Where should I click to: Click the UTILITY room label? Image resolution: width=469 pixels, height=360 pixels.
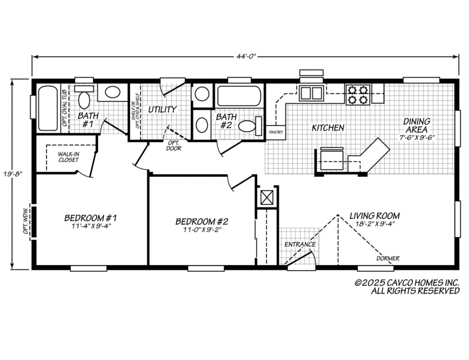point(162,109)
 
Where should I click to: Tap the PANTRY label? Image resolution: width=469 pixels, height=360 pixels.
point(276,132)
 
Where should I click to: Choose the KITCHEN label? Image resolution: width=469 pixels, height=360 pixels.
point(327,128)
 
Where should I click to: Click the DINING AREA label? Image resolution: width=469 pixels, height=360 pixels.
point(417,126)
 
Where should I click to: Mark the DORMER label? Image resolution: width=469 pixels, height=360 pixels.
point(387,258)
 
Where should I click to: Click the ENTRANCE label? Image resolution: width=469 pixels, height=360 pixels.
point(300,244)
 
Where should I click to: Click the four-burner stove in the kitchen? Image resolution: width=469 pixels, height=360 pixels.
point(357,94)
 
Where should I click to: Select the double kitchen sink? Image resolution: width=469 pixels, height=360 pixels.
point(311,93)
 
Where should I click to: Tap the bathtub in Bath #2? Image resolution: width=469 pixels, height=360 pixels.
point(239,96)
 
